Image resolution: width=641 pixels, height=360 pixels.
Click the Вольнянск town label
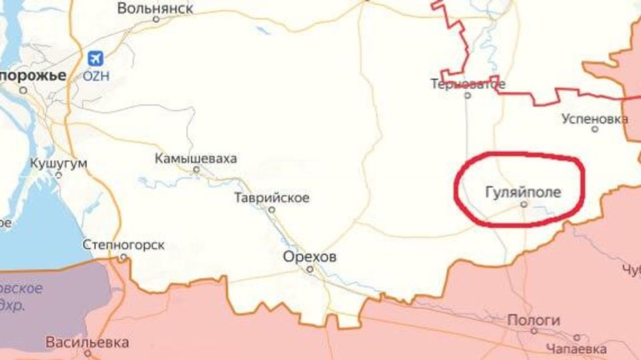click(155, 8)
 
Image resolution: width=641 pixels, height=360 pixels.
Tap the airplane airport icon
click(95, 58)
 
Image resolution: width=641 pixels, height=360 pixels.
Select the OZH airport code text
click(95, 75)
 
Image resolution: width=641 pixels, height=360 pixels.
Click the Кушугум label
click(59, 164)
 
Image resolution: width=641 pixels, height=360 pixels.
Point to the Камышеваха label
click(196, 159)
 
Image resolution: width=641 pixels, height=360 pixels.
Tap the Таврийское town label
click(272, 198)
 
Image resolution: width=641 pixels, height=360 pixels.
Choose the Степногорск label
click(124, 245)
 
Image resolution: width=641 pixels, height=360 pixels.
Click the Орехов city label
click(310, 256)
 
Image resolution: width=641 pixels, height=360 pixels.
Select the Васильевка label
click(87, 343)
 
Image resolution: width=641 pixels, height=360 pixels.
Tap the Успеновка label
click(594, 119)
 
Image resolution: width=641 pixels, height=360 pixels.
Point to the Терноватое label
click(467, 84)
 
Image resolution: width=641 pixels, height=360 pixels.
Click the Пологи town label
click(533, 321)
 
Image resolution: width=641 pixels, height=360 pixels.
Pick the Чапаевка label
click(576, 349)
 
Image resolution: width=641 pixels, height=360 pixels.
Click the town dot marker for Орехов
click(310, 270)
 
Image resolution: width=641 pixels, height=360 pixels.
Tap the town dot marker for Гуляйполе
click(523, 205)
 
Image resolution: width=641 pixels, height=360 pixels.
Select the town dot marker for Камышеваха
click(196, 170)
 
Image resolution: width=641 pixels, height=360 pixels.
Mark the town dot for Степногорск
click(123, 256)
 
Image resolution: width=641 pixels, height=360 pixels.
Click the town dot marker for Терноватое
click(467, 96)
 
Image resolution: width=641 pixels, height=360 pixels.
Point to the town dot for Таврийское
click(272, 209)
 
